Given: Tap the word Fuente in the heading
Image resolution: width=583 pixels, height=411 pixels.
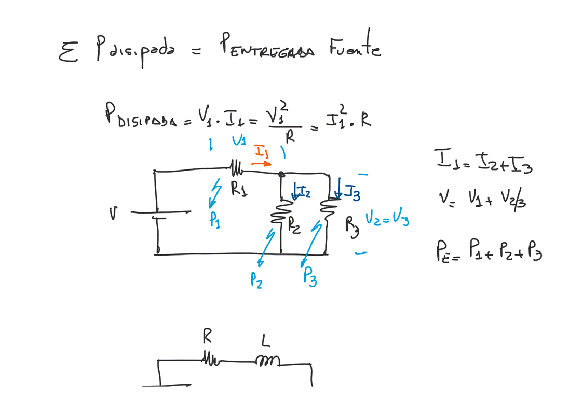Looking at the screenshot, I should click(354, 49).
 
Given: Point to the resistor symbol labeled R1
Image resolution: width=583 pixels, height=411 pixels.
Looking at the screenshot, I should click(237, 168).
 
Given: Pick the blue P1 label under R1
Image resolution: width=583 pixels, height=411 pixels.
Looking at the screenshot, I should click(214, 220).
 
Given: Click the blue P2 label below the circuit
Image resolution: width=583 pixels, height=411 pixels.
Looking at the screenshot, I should click(256, 280).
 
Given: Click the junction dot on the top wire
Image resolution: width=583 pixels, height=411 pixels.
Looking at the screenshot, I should click(281, 174).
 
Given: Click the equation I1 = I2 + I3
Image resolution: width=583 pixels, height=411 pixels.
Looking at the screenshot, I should click(483, 163).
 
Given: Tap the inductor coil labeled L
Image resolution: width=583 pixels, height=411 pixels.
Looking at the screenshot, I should click(267, 360).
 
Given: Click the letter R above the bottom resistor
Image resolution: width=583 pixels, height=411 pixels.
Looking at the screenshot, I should click(207, 337).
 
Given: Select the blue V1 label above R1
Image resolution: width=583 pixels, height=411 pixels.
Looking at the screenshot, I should click(239, 140).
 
